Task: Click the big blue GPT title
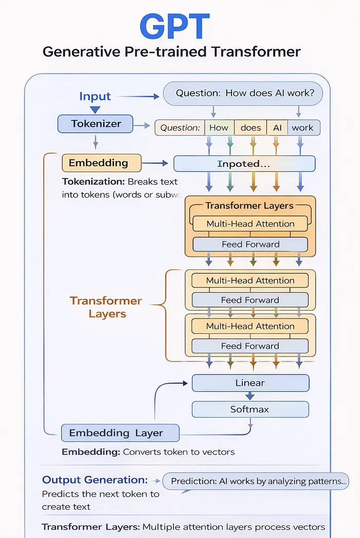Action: pyautogui.click(x=175, y=26)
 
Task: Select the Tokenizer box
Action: pyautogui.click(x=96, y=123)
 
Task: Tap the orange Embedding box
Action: pyautogui.click(x=101, y=163)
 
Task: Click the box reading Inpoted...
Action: pyautogui.click(x=244, y=164)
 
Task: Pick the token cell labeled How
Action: pyautogui.click(x=219, y=128)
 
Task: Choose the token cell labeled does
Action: pyautogui.click(x=250, y=128)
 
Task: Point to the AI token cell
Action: pyautogui.click(x=277, y=128)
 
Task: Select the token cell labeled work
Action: pyautogui.click(x=303, y=128)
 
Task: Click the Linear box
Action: pyautogui.click(x=250, y=383)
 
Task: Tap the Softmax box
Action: pyautogui.click(x=250, y=409)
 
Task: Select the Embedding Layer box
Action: pyautogui.click(x=120, y=433)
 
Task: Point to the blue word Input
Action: pyautogui.click(x=95, y=96)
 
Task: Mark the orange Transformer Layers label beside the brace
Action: pyautogui.click(x=106, y=307)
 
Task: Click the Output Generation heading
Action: pyautogui.click(x=95, y=480)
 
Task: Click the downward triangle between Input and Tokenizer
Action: pyautogui.click(x=95, y=109)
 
